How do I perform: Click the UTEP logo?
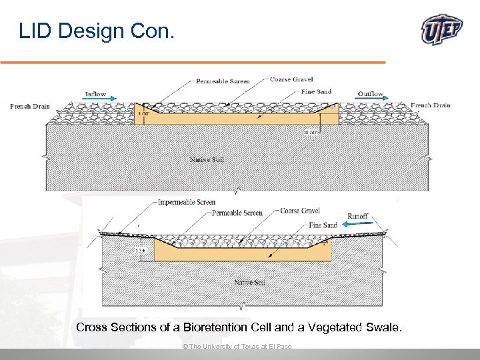(442, 30)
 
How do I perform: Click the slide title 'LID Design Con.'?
(96, 30)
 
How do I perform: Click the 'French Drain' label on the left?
(30, 106)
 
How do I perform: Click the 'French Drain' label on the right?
(431, 105)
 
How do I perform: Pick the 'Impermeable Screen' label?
(187, 202)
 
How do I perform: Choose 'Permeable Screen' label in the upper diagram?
(223, 81)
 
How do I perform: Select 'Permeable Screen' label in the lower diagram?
(237, 213)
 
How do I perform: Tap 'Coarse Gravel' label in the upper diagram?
(291, 79)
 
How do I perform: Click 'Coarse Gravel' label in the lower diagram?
(300, 211)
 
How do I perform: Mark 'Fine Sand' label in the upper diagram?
(316, 92)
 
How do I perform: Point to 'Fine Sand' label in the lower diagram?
(323, 225)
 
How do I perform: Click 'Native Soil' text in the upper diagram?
(206, 159)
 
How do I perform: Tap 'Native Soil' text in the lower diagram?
(249, 283)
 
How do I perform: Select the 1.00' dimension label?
(143, 114)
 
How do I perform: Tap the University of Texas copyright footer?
(237, 347)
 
